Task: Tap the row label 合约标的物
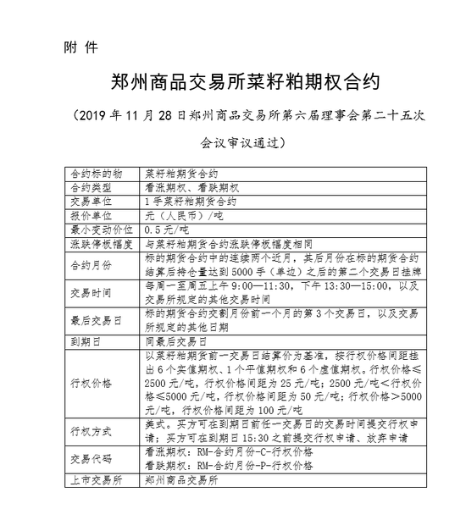(97, 173)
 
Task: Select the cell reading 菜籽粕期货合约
(182, 173)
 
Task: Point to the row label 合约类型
(91, 187)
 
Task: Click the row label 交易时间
(91, 296)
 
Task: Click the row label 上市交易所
(97, 479)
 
